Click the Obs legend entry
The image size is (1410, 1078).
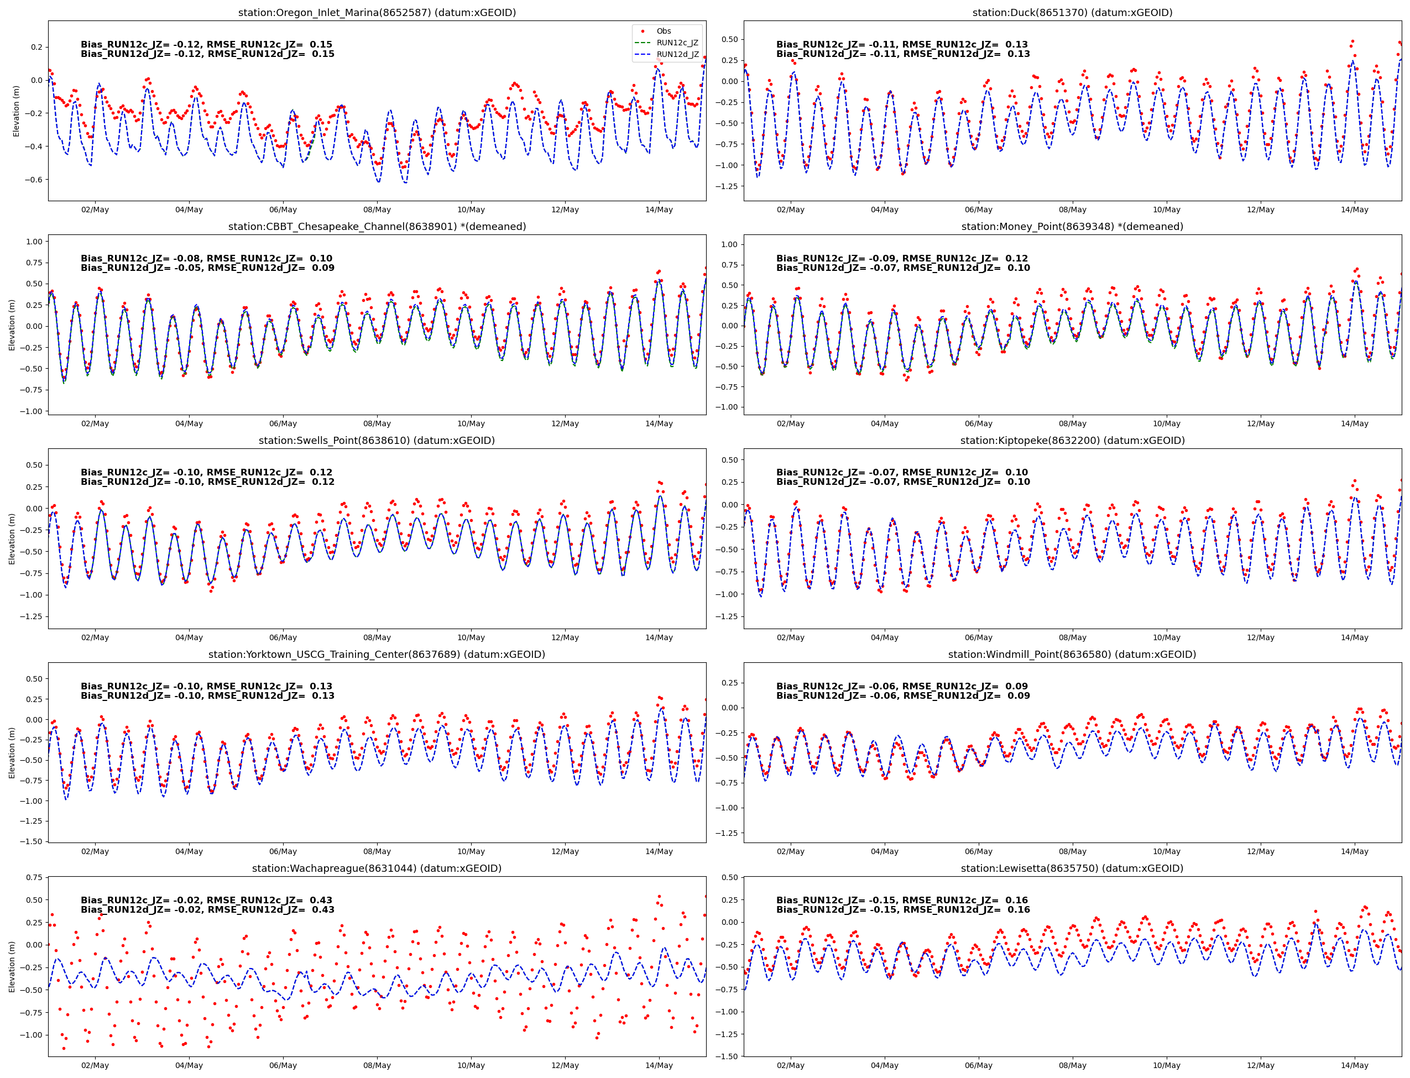[663, 31]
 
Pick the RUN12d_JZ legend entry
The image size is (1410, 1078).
[677, 55]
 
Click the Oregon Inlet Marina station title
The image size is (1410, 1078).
[377, 12]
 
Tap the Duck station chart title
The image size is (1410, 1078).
[1072, 12]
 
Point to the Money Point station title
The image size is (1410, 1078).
[1072, 227]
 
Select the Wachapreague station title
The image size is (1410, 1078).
[377, 868]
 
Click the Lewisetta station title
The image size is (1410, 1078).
[1072, 868]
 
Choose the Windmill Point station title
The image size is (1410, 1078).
[1072, 655]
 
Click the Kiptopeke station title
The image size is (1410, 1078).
[1072, 440]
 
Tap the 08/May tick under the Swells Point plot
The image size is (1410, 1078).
[377, 638]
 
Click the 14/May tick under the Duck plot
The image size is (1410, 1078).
[1354, 210]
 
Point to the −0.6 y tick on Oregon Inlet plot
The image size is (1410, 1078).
[33, 180]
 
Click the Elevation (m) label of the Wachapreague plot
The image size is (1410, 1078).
[12, 967]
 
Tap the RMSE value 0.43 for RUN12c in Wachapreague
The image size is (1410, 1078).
[321, 900]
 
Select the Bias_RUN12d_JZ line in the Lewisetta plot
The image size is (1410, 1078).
[902, 910]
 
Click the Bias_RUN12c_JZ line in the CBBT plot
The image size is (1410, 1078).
[206, 259]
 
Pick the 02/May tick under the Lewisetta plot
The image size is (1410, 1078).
[790, 1066]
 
